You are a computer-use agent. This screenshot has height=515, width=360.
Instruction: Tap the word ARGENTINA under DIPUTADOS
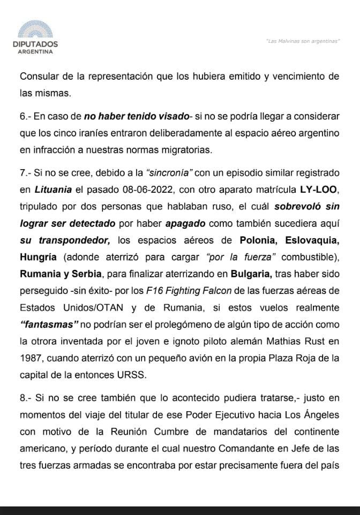click(35, 52)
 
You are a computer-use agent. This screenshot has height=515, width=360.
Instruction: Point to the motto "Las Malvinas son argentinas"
click(303, 42)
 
